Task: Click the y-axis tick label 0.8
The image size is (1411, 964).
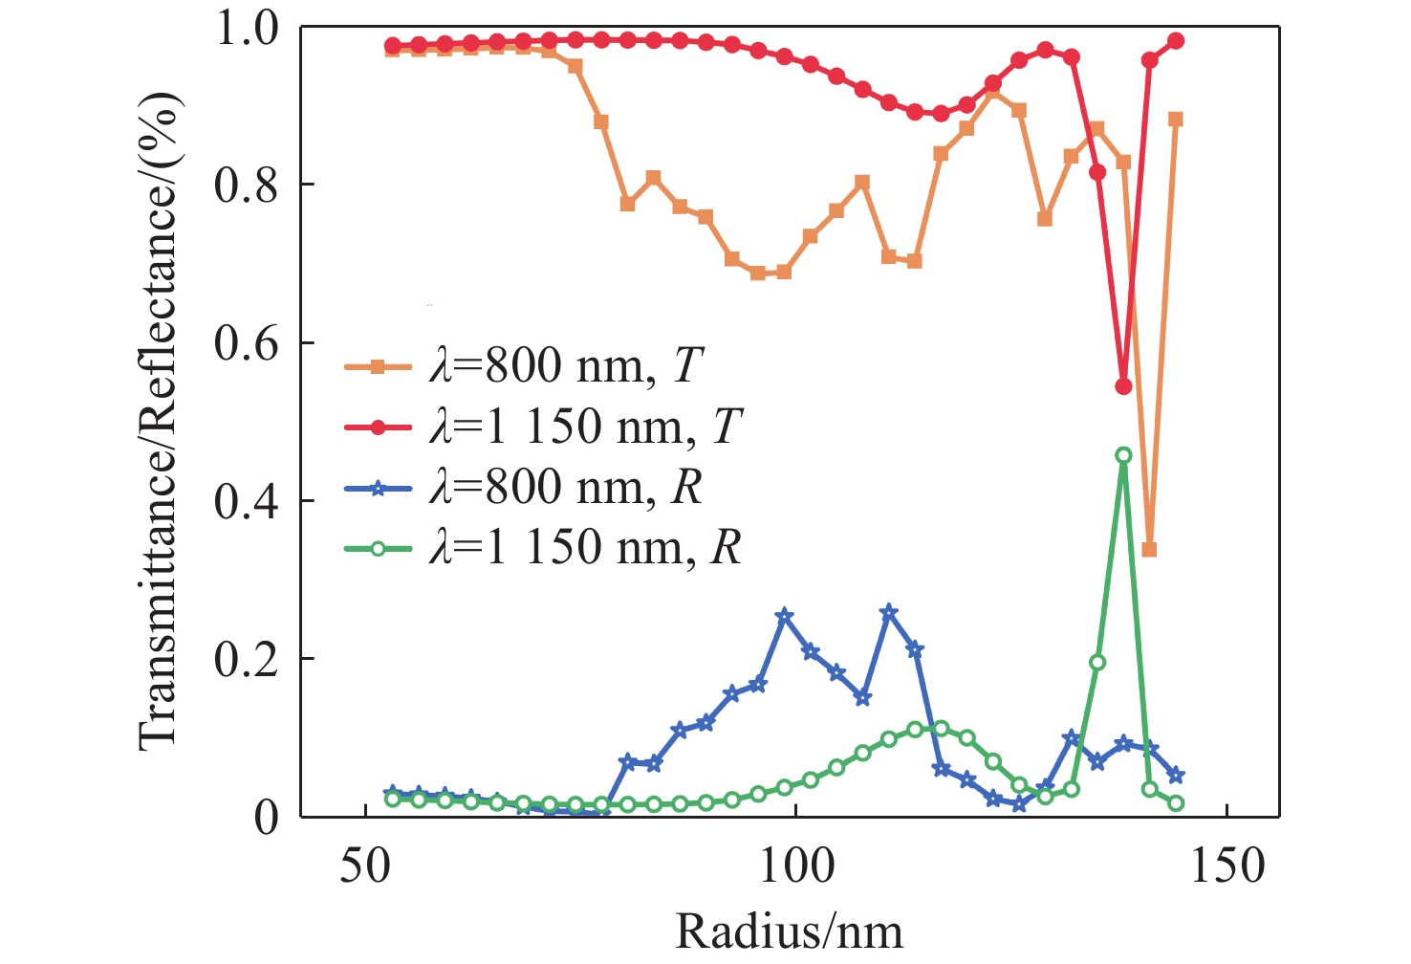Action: pos(246,186)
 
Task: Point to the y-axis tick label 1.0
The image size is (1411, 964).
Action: pos(246,29)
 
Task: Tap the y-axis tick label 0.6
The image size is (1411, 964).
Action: pos(246,343)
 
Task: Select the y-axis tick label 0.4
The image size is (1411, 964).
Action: pos(246,501)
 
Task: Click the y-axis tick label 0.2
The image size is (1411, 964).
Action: pos(246,659)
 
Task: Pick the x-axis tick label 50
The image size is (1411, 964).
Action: pos(366,866)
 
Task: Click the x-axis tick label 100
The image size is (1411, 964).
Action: pos(795,866)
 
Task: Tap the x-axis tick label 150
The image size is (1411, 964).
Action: pos(1226,866)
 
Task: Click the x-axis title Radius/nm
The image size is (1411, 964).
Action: pos(790,931)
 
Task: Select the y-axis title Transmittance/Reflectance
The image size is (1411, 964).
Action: pos(159,421)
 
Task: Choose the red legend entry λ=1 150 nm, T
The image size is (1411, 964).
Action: pos(584,427)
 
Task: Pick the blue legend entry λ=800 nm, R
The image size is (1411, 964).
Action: pos(564,488)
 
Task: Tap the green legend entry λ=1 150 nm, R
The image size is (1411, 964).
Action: pos(584,548)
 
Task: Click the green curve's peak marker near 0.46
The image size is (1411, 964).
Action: pos(1123,455)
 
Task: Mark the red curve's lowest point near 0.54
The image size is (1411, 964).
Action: pos(1123,386)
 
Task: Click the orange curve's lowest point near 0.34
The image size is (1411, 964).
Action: pos(1149,550)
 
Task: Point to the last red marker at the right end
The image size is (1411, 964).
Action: pos(1176,41)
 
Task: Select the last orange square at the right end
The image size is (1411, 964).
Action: pos(1176,120)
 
